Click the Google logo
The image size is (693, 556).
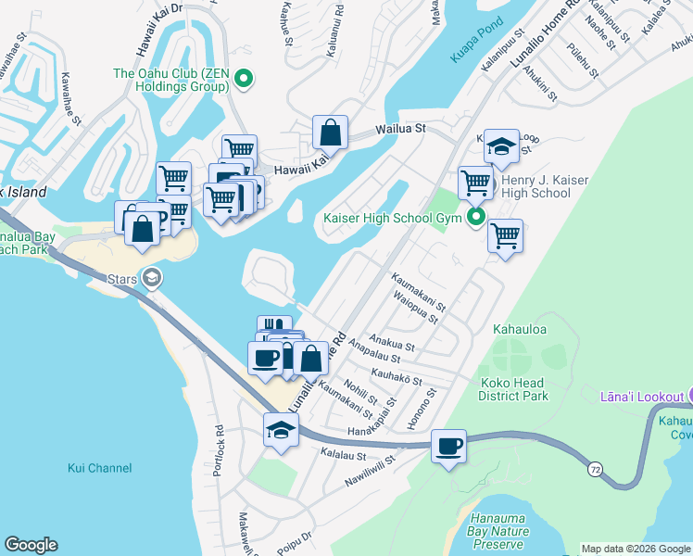click(31, 545)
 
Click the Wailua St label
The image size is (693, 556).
click(399, 129)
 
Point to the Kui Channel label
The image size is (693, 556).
click(100, 468)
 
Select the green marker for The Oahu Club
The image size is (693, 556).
click(244, 80)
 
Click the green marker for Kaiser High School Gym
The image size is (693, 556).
click(477, 219)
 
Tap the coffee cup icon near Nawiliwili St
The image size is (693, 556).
click(449, 447)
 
